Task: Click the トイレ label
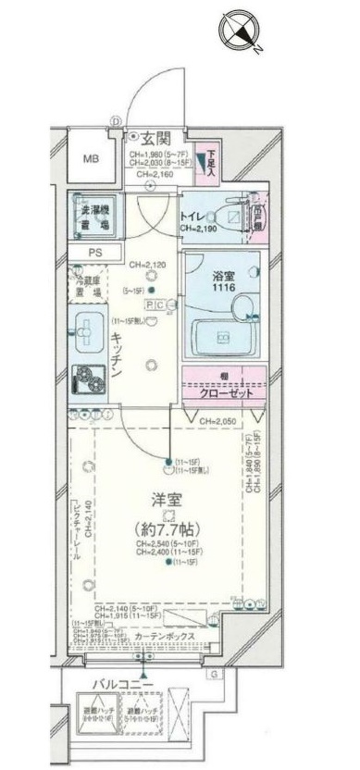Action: point(193,217)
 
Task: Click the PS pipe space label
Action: point(95,252)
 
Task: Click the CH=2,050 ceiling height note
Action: point(220,421)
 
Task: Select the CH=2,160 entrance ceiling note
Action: point(147,174)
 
